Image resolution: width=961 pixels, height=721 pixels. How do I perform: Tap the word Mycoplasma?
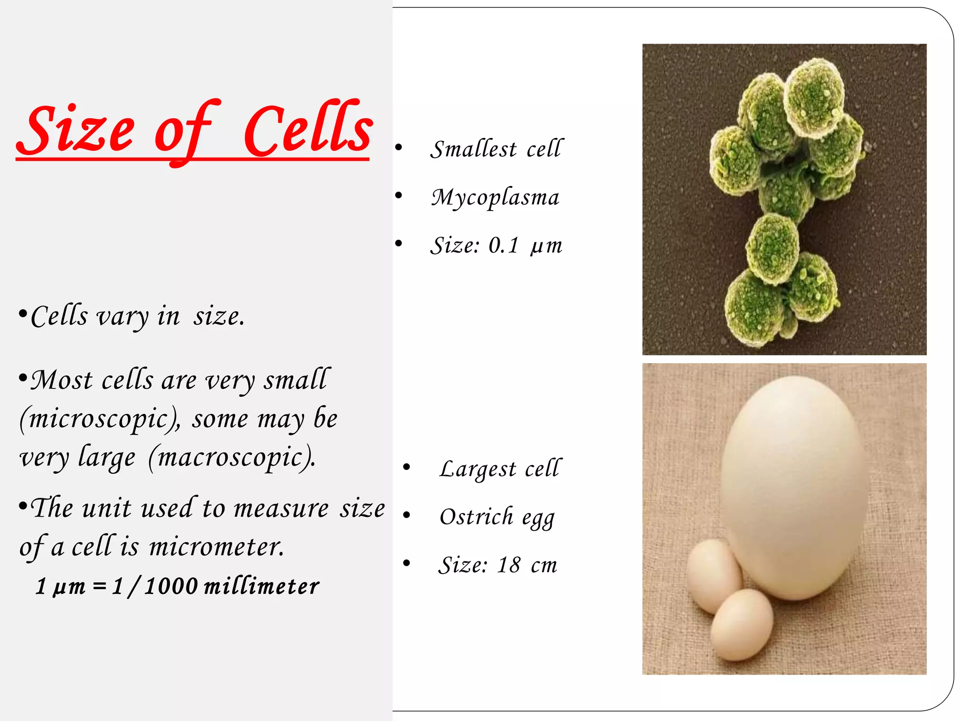[x=495, y=197]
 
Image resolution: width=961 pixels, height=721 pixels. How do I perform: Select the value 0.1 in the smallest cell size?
[x=503, y=245]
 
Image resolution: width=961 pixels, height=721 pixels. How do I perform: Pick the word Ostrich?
[x=476, y=517]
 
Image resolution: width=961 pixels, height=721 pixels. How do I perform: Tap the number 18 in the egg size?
[x=509, y=565]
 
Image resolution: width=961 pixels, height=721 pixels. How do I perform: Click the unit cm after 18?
[x=544, y=566]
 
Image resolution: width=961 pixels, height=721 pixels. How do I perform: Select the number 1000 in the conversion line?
[x=171, y=586]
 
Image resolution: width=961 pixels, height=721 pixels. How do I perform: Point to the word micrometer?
[x=216, y=547]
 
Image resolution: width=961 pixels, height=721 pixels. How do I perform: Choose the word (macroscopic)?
[x=232, y=458]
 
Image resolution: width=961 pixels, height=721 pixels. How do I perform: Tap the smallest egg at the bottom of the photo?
[x=741, y=624]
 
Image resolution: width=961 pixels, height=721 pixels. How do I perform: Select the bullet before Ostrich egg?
[x=406, y=515]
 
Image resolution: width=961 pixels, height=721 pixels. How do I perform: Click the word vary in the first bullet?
[x=122, y=317]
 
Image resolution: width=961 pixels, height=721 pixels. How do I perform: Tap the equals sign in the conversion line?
[x=99, y=586]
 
